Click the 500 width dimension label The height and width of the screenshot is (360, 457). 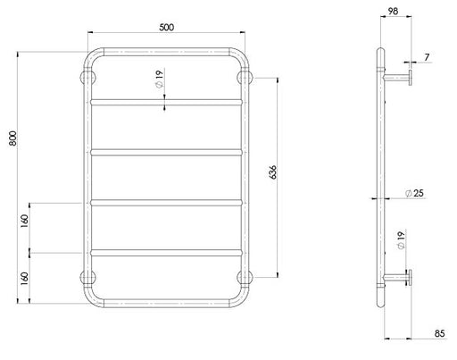tap(166, 27)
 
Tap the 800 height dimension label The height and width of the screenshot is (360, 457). tap(13, 138)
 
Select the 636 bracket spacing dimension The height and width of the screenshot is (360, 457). tap(272, 172)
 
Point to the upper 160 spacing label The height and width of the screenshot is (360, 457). tap(24, 221)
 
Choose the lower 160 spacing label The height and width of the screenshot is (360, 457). tap(24, 279)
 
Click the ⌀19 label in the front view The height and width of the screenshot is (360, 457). tap(160, 79)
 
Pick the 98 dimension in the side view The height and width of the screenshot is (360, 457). tap(393, 11)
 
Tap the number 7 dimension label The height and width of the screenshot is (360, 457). tap(427, 57)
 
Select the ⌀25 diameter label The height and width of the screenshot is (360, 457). tap(414, 193)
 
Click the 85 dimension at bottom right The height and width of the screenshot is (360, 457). tap(439, 333)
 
